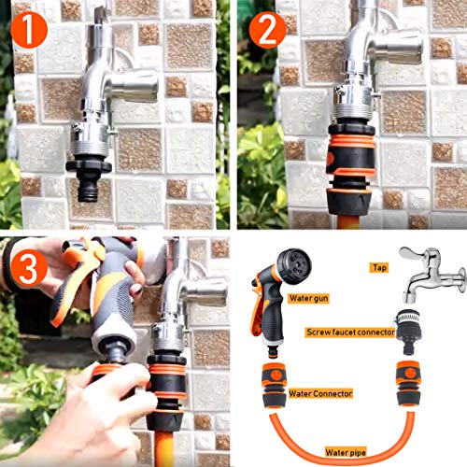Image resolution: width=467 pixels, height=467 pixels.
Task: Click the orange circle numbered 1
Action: click(x=29, y=30)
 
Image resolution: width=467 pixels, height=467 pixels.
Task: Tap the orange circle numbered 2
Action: click(x=267, y=30)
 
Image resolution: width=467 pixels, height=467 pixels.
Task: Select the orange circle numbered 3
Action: click(x=29, y=268)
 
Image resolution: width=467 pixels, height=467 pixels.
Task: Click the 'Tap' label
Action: click(x=379, y=267)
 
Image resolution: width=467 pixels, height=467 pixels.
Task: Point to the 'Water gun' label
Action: click(x=308, y=298)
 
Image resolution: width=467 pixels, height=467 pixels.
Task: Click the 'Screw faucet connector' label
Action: click(x=350, y=333)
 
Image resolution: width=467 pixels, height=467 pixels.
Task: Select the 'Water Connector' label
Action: click(x=320, y=393)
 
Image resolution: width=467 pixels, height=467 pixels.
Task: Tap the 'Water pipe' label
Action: click(x=346, y=452)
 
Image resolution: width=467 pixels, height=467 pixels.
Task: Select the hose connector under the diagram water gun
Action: click(x=274, y=386)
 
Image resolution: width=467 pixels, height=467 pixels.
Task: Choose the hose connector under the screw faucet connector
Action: click(x=408, y=384)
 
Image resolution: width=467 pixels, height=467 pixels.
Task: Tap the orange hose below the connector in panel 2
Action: click(x=348, y=222)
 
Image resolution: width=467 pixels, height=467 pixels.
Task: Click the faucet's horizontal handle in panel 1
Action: click(x=133, y=85)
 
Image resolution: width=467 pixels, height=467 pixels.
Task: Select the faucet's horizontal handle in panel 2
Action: click(x=397, y=48)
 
